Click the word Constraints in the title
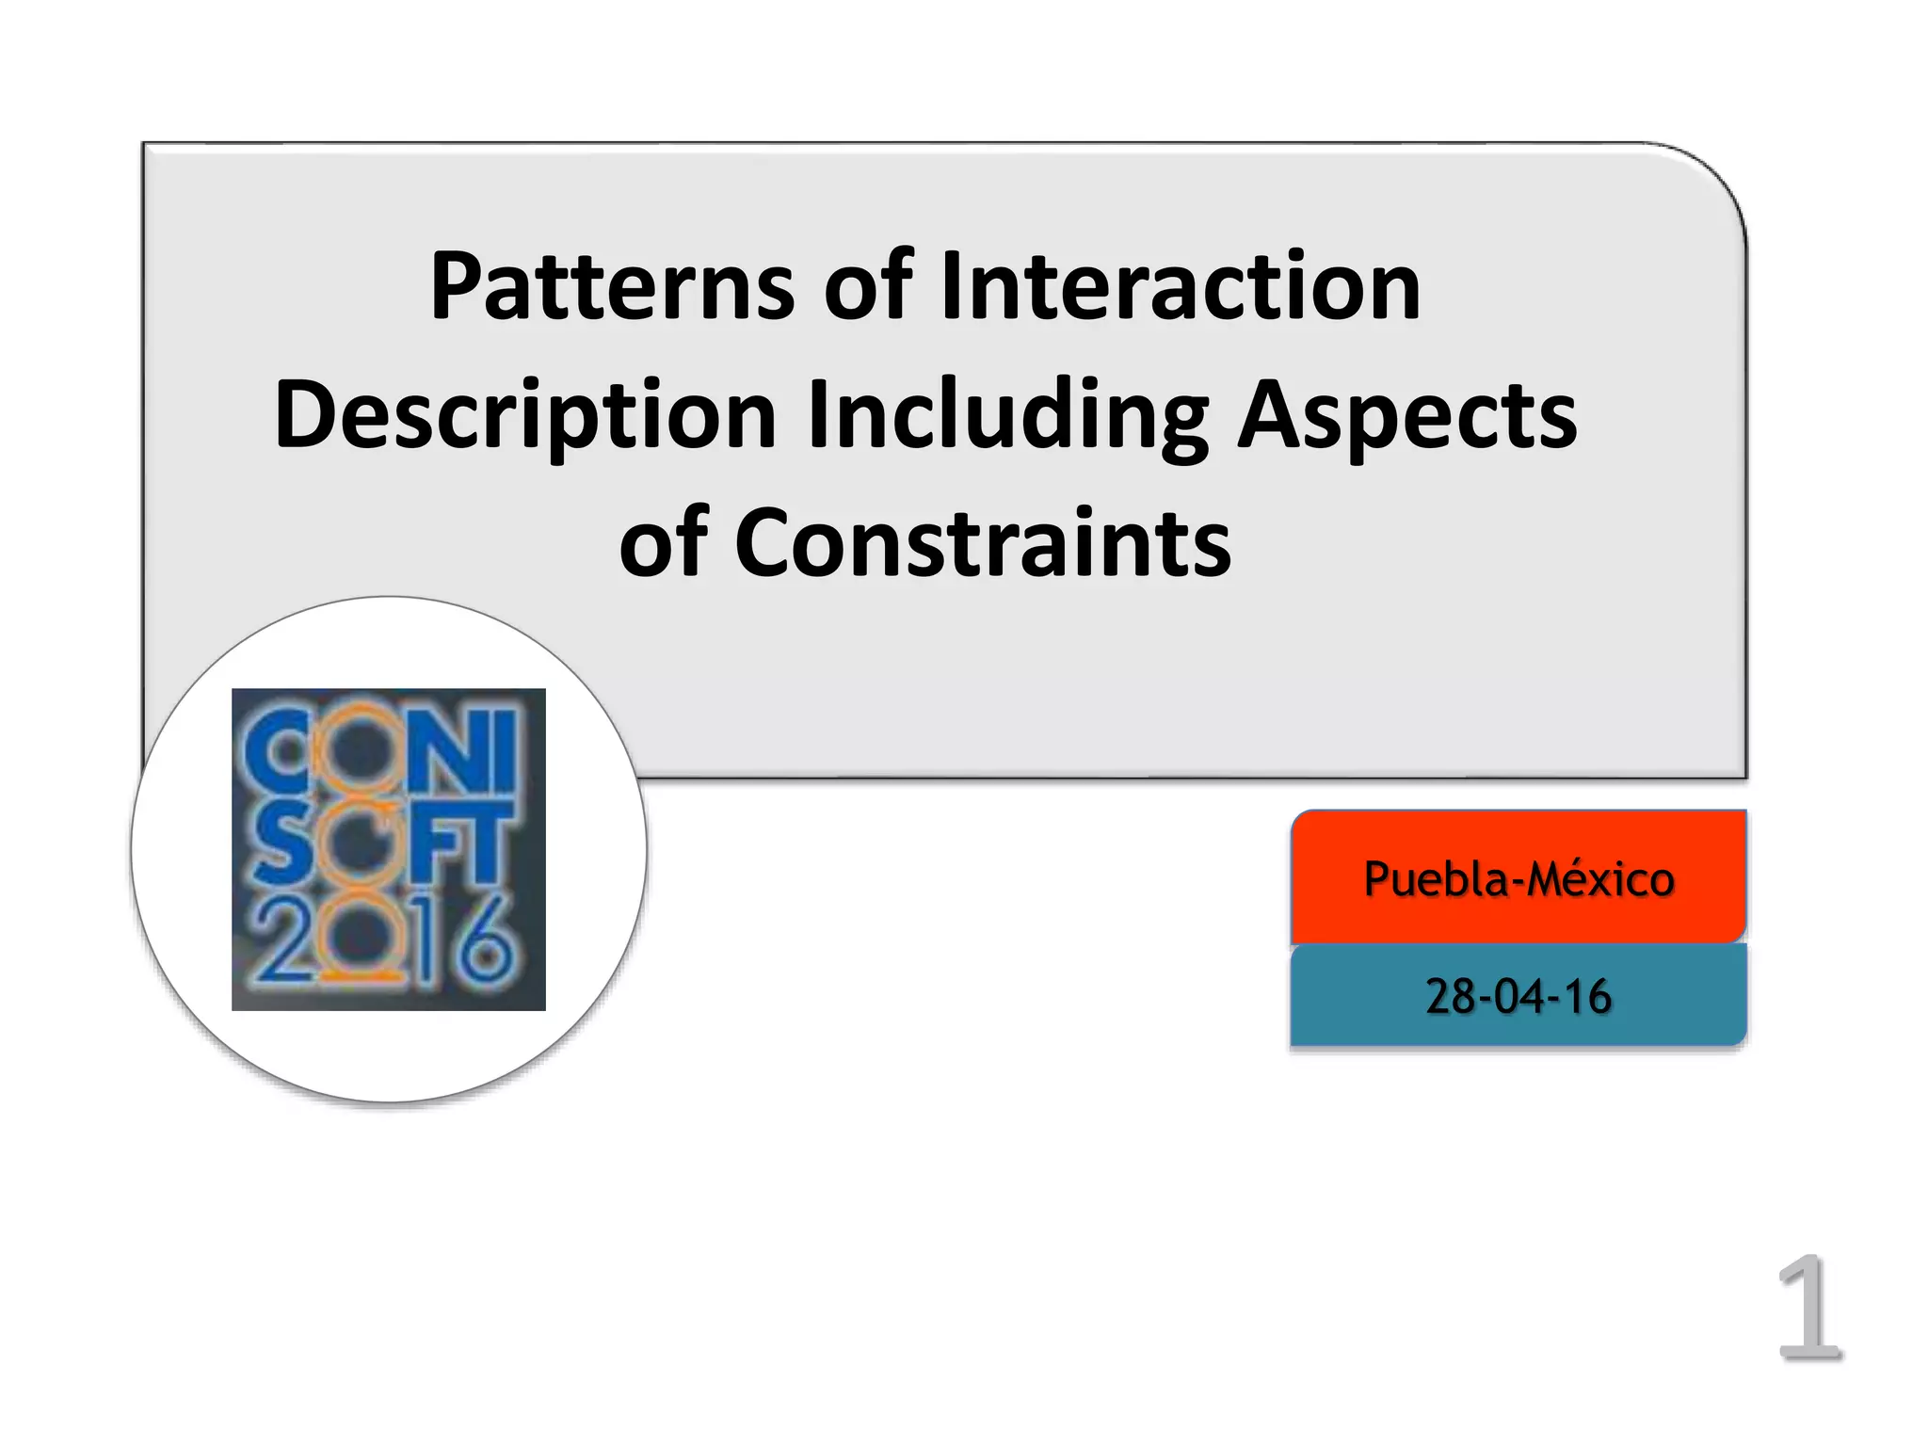click(x=983, y=543)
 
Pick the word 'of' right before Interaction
click(x=868, y=287)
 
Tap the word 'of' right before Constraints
click(x=663, y=543)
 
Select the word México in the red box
click(x=1600, y=880)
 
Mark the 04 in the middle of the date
click(x=1518, y=997)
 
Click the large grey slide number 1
click(x=1808, y=1309)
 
